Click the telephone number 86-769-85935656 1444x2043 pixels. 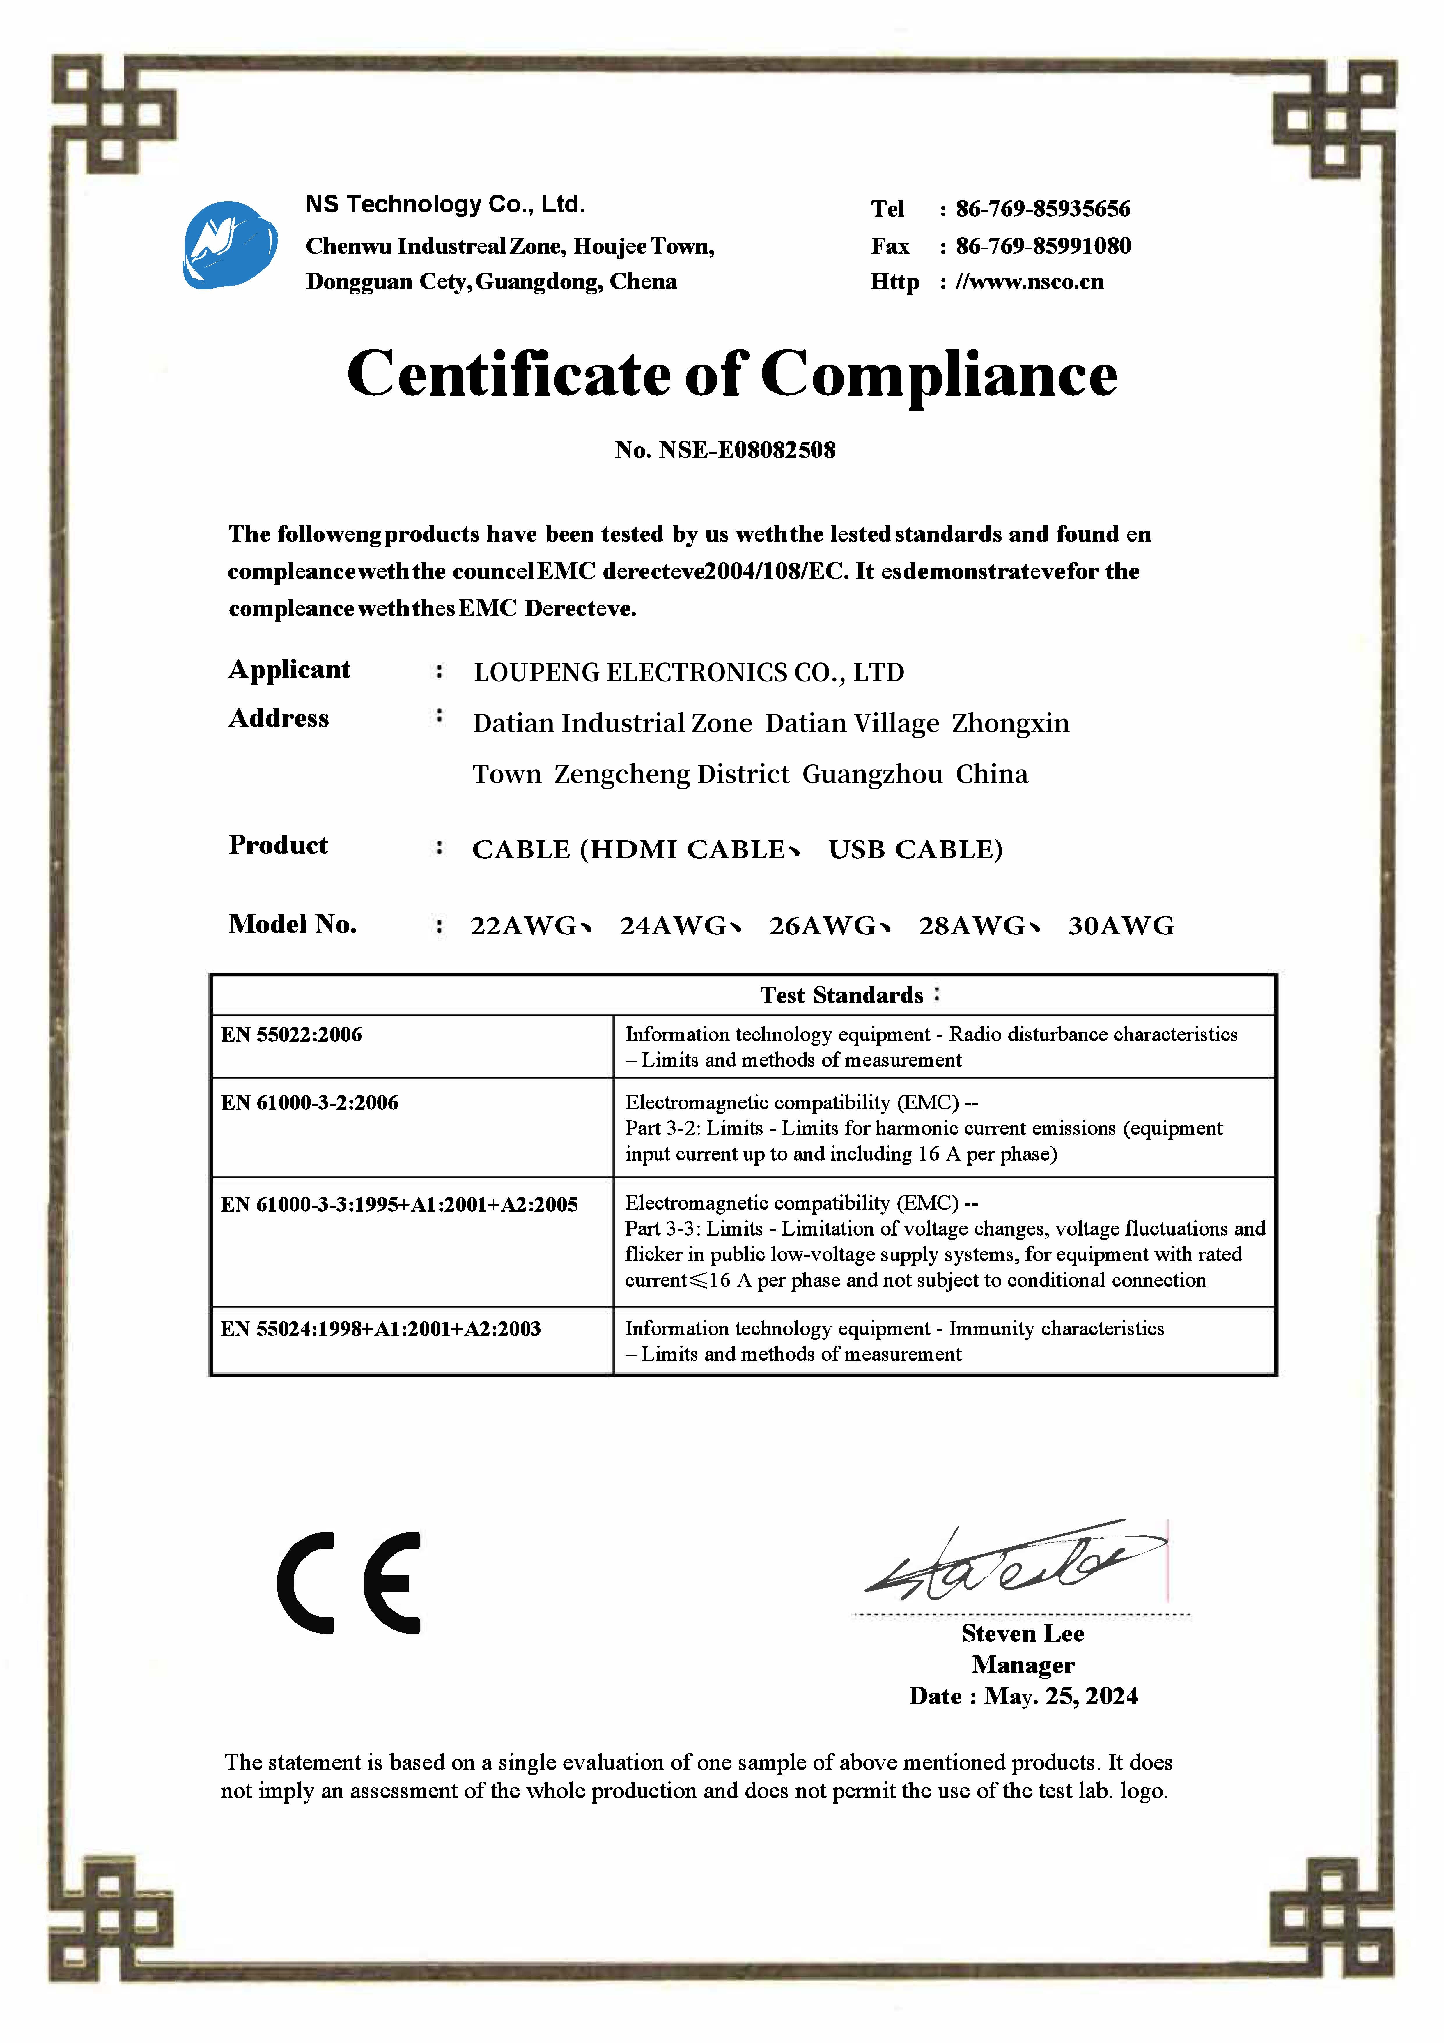coord(1043,209)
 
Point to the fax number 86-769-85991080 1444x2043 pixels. coord(1043,246)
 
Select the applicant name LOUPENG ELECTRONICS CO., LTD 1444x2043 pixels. coord(689,673)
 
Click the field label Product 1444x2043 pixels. coord(278,845)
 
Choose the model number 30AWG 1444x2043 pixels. coord(1121,926)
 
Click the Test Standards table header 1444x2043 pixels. coord(842,995)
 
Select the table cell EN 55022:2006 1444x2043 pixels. coord(292,1035)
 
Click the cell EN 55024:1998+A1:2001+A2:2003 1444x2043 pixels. coord(381,1329)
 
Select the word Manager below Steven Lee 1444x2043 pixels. coord(1023,1665)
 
